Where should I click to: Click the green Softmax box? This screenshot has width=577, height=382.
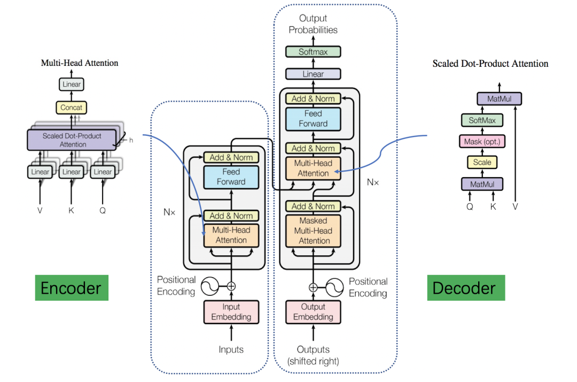313,52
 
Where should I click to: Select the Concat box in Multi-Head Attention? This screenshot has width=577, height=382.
71,108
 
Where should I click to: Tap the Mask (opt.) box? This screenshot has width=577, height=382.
482,141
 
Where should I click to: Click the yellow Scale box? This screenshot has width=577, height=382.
482,162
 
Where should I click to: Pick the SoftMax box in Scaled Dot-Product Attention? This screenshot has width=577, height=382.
482,120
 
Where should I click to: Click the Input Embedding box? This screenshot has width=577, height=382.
231,312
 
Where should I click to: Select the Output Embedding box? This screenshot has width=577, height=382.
313,312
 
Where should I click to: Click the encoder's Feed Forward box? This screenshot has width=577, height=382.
231,177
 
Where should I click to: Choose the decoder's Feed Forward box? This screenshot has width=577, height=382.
313,119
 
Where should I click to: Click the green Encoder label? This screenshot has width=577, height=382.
72,288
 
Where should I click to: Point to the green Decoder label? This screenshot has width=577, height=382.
466,288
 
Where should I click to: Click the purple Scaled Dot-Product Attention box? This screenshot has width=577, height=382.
72,140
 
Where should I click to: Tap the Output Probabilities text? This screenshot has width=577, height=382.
313,24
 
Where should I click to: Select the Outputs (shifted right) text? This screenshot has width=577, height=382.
313,355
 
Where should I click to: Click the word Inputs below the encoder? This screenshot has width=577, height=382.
231,349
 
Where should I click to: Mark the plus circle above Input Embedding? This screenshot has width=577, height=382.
231,287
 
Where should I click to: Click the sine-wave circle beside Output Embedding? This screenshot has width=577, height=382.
334,287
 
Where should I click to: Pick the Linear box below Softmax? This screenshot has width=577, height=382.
313,74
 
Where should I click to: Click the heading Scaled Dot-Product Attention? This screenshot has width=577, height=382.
490,64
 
